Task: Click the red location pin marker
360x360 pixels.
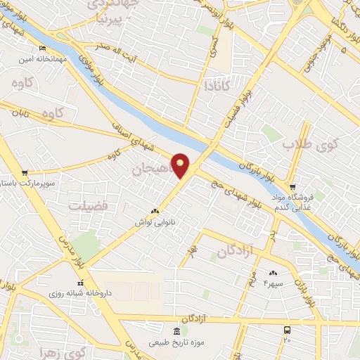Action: coord(180,165)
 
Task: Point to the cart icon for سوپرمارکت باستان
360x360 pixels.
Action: coord(25,173)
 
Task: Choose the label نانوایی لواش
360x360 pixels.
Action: coord(155,221)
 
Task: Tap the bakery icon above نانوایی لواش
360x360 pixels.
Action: coord(155,210)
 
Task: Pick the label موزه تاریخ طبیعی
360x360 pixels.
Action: coord(176,343)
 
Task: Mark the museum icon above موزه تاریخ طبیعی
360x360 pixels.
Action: coord(176,331)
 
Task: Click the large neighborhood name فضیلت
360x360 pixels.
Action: coord(89,206)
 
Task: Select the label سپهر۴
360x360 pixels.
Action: coord(272,283)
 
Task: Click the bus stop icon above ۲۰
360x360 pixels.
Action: coord(287,330)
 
